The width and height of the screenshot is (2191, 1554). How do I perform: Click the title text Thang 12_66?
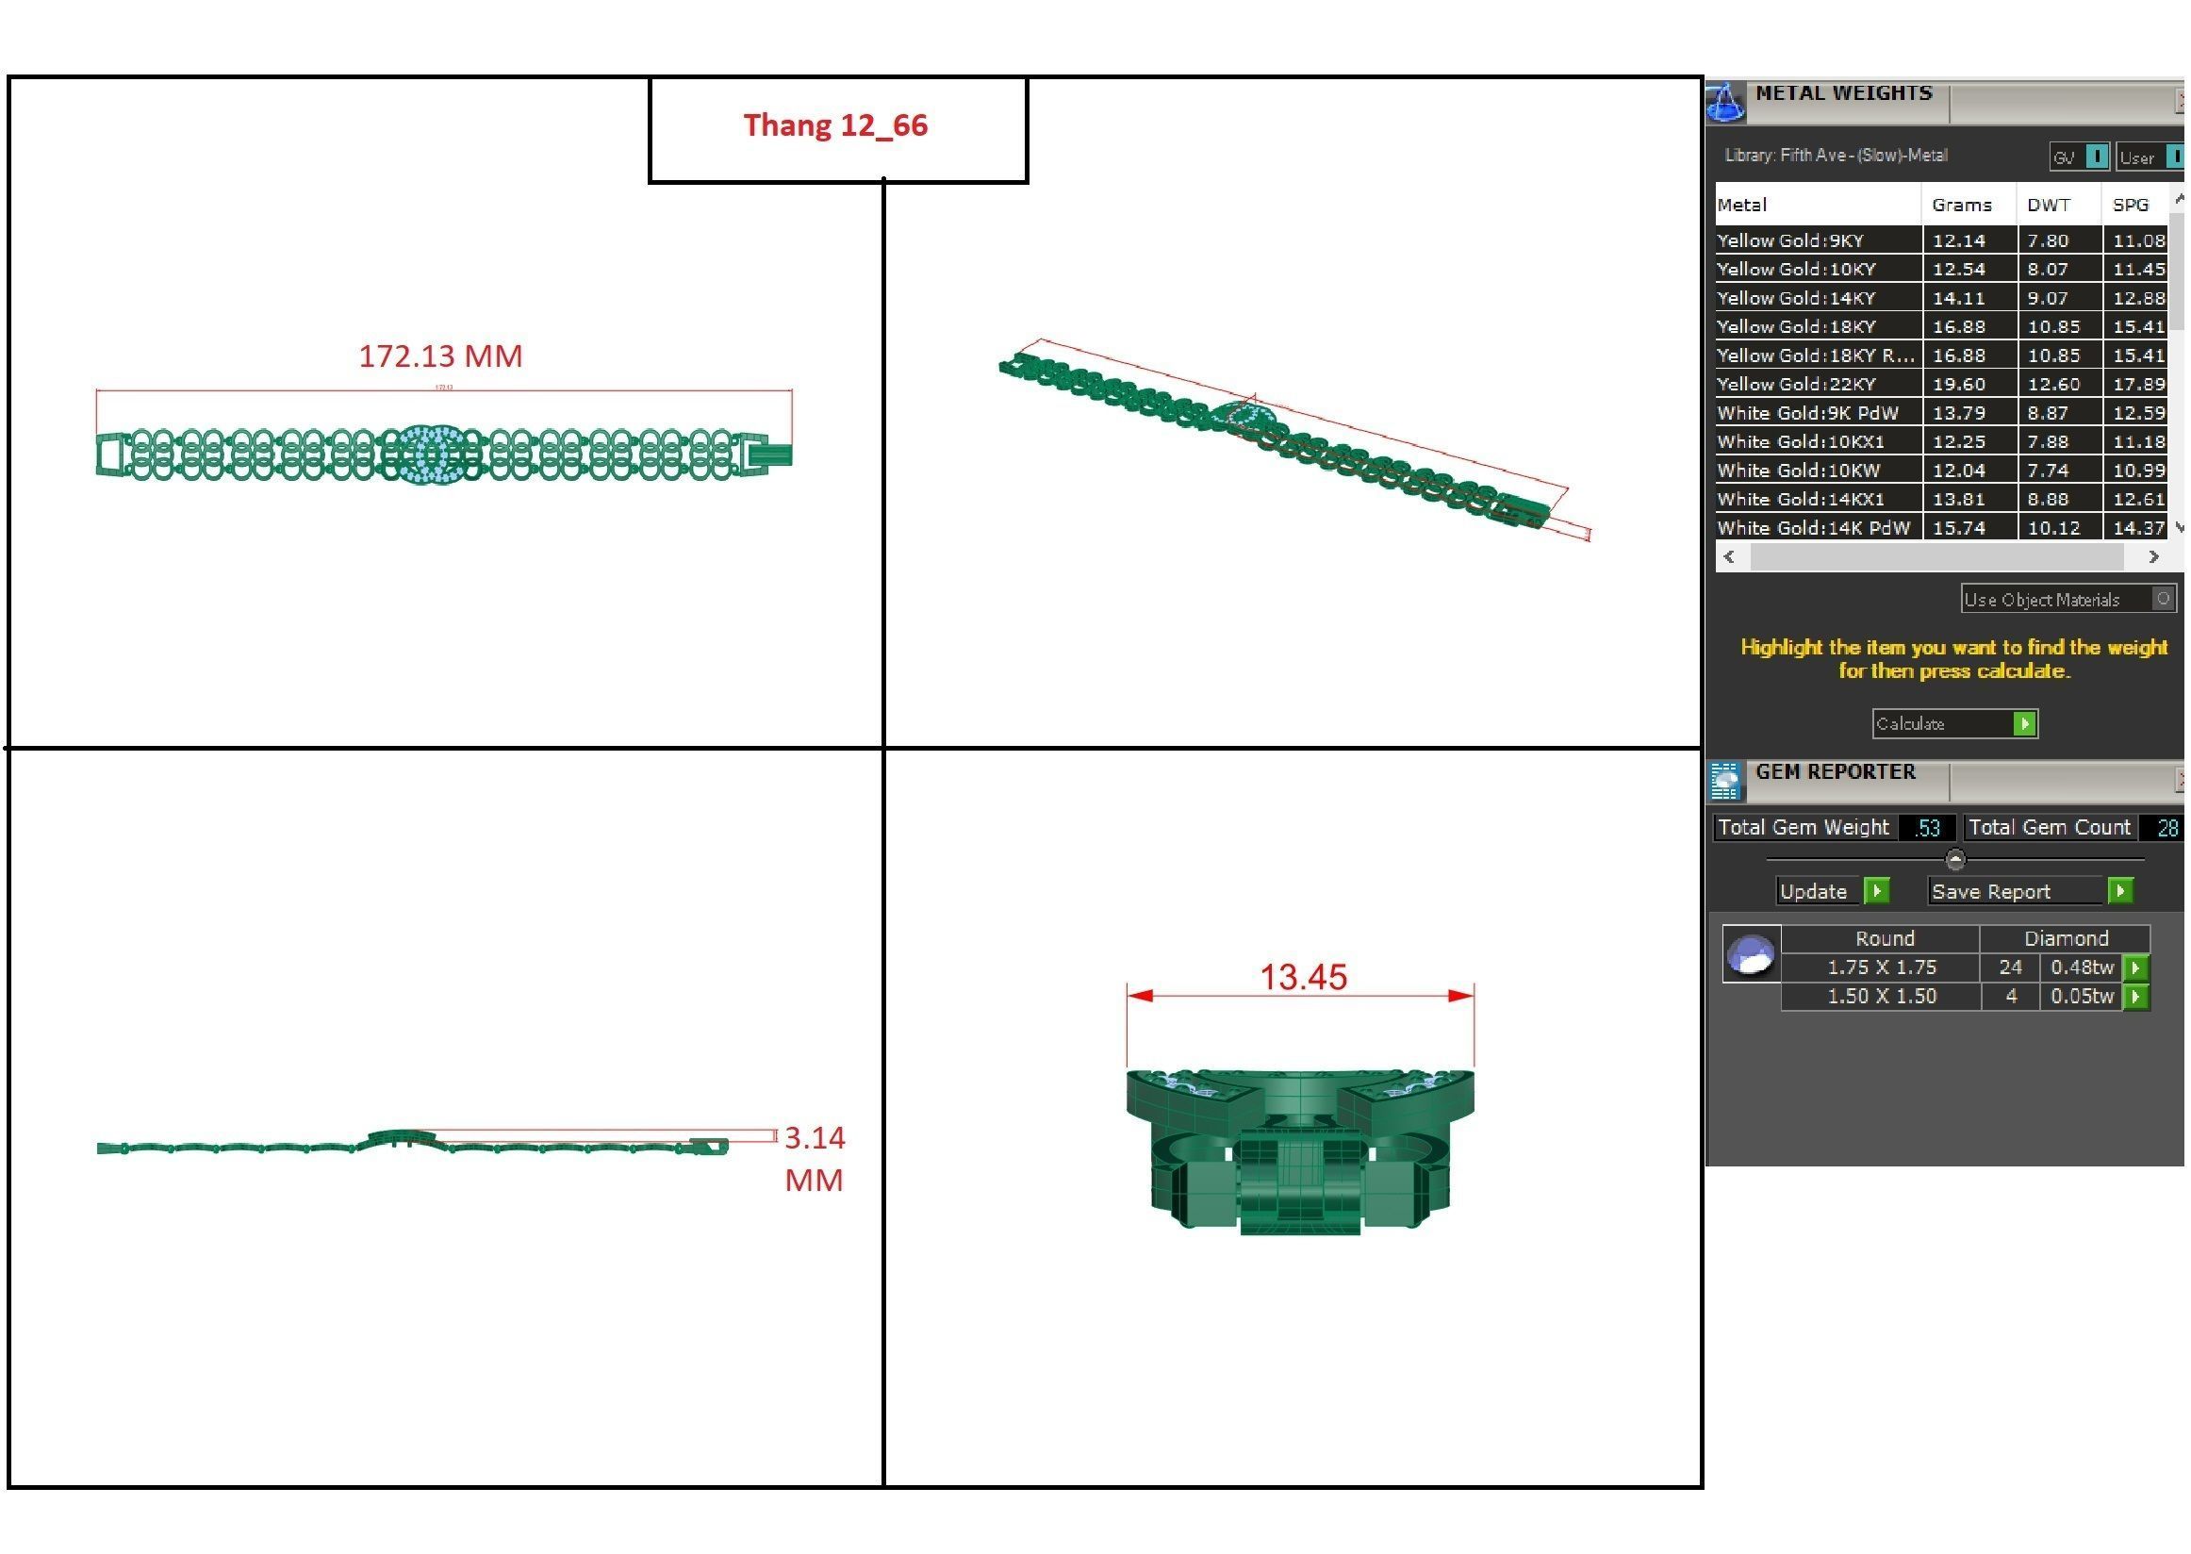pyautogui.click(x=835, y=125)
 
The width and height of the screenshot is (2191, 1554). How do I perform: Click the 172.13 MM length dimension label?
pyautogui.click(x=440, y=355)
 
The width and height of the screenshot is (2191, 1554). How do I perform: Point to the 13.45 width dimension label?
pyautogui.click(x=1302, y=977)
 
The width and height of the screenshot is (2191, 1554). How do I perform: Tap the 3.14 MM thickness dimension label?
pyautogui.click(x=815, y=1158)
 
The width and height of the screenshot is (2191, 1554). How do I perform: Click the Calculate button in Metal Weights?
pyautogui.click(x=1953, y=723)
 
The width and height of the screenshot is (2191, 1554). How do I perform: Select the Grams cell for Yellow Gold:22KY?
pyautogui.click(x=1958, y=384)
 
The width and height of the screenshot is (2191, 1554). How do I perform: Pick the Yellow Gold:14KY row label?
pyautogui.click(x=1796, y=298)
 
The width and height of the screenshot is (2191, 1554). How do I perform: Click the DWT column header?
pyautogui.click(x=2048, y=205)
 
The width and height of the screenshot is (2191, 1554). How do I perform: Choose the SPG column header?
pyautogui.click(x=2130, y=205)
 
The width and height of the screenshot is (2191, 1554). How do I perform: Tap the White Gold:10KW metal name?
pyautogui.click(x=1798, y=470)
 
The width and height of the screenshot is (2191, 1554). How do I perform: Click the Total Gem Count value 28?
pyautogui.click(x=2167, y=828)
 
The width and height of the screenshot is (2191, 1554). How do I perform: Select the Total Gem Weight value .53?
pyautogui.click(x=1926, y=828)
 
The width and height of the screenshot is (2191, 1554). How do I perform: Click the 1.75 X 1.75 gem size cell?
pyautogui.click(x=1881, y=967)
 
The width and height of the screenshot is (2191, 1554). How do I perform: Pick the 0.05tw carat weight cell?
pyautogui.click(x=2081, y=996)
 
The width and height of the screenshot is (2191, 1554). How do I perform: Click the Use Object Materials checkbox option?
pyautogui.click(x=2163, y=599)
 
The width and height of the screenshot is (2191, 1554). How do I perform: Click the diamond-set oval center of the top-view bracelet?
pyautogui.click(x=423, y=454)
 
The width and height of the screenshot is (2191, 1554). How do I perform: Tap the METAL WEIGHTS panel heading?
pyautogui.click(x=1843, y=93)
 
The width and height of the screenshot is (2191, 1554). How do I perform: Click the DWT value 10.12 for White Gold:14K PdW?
pyautogui.click(x=2053, y=527)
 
